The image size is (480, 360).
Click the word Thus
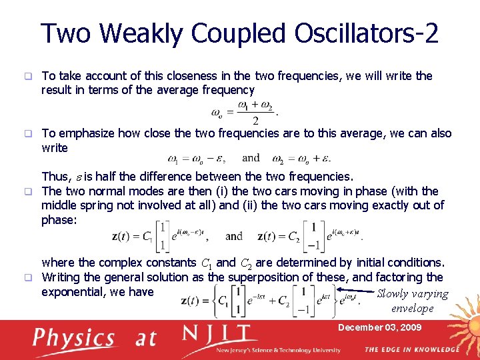click(55, 177)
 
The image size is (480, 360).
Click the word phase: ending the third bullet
click(59, 220)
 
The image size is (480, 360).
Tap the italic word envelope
click(413, 309)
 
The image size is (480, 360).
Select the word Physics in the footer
click(73, 338)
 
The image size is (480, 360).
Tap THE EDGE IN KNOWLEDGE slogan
click(411, 349)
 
